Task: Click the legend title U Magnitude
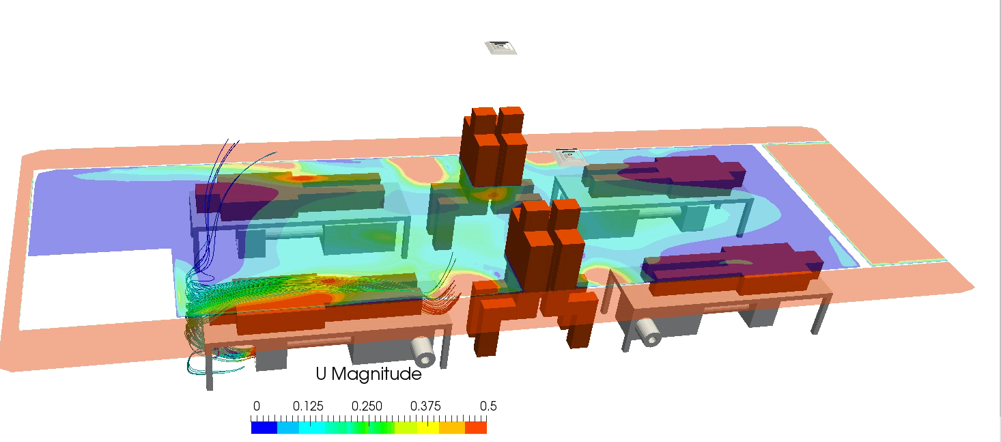(x=368, y=374)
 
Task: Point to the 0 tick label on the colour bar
(x=257, y=406)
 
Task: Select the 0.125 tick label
(x=308, y=406)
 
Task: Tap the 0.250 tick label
(x=367, y=406)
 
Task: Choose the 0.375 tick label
(x=425, y=406)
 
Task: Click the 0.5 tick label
(x=488, y=406)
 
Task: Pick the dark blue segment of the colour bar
(x=264, y=428)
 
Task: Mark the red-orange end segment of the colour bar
(x=476, y=428)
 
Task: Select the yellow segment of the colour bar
(x=428, y=428)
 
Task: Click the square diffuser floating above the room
(x=501, y=47)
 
